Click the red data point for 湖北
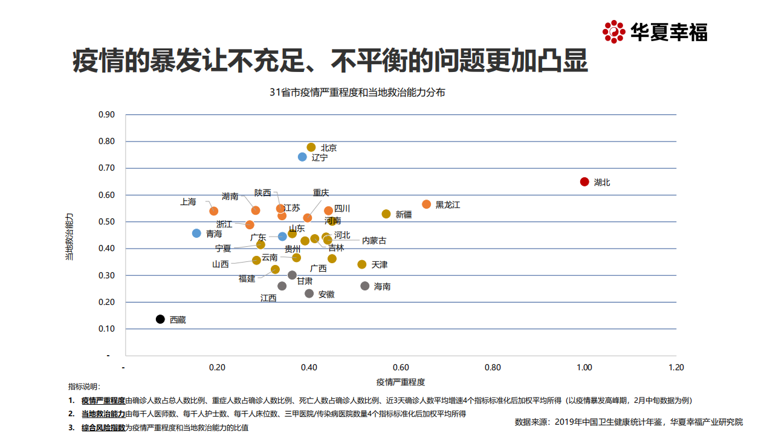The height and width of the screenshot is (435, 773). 584,182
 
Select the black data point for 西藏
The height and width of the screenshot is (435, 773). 160,319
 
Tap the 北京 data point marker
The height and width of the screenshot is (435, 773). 311,147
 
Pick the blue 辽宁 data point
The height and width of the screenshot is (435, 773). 303,157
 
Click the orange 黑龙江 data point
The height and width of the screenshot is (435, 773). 427,204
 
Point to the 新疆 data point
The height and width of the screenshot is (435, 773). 386,214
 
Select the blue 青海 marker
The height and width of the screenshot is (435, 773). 196,233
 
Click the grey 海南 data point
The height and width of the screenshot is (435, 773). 365,286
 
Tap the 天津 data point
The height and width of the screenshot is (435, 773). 362,264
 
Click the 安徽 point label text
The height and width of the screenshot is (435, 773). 326,295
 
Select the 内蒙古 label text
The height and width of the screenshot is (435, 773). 374,241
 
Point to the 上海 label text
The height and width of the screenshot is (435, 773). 188,202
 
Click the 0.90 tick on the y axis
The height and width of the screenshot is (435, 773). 106,114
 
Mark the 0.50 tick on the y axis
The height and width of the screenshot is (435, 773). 106,221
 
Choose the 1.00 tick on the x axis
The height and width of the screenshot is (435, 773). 584,367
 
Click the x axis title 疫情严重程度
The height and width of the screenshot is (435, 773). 400,382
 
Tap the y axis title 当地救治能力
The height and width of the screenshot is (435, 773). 70,236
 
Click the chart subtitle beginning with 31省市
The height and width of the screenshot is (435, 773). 357,93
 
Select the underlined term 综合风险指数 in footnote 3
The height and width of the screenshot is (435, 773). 103,427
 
